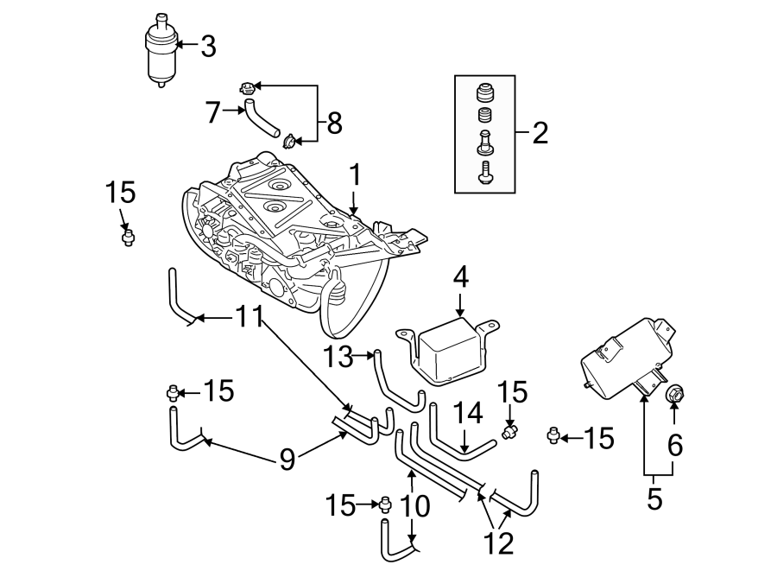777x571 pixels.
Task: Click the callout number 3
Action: [207, 46]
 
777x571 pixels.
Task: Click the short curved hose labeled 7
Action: [259, 118]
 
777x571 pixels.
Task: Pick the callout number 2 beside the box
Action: [540, 133]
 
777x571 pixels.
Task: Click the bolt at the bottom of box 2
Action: [484, 173]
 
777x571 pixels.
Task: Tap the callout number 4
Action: [460, 277]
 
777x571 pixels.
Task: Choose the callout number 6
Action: [675, 445]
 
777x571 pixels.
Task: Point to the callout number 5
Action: [654, 498]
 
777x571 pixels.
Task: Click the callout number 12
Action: [500, 542]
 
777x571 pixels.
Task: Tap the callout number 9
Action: [287, 458]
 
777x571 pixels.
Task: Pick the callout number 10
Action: [416, 505]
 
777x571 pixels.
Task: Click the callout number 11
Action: [250, 318]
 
